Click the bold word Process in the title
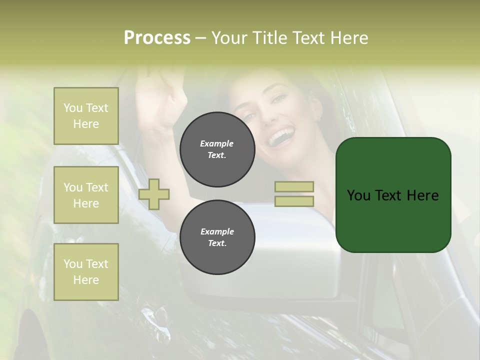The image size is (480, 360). coord(157,38)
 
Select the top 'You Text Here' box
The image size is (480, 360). coord(86,116)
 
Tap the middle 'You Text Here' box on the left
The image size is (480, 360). coord(86,195)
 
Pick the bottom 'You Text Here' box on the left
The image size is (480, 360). coord(86,272)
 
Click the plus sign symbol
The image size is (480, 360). coord(154,194)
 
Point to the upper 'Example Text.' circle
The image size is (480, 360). coord(217,149)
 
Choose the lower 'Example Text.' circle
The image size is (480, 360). coord(217,237)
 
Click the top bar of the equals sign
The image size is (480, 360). coord(294,187)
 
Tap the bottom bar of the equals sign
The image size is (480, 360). coord(294,201)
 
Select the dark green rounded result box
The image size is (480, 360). coord(393,195)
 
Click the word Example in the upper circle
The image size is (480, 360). coord(217,143)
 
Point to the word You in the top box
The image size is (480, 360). coord(73,108)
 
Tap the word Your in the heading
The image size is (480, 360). coord(230,38)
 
